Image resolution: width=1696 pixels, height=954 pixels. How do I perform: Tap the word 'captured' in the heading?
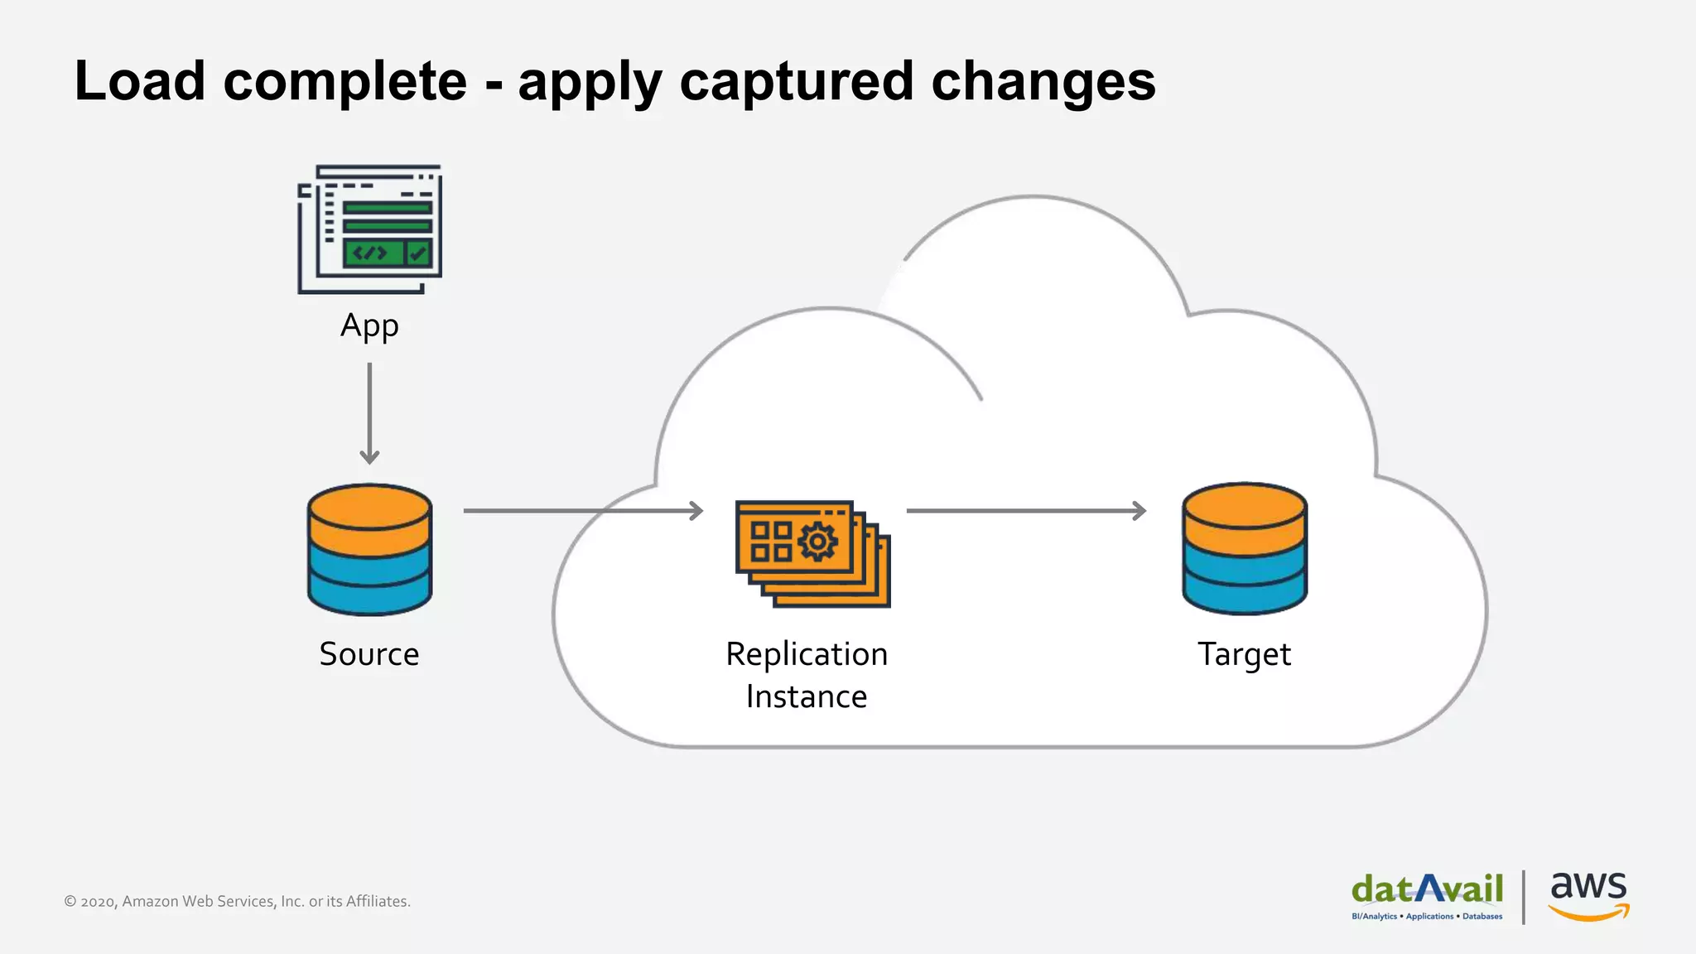point(796,81)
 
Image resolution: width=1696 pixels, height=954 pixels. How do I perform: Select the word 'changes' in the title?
point(1043,81)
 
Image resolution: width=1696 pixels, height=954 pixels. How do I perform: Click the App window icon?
point(370,229)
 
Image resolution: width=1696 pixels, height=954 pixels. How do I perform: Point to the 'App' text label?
point(369,326)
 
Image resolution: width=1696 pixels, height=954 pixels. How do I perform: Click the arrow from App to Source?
point(369,413)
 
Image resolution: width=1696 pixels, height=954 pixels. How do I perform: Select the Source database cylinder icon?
point(369,549)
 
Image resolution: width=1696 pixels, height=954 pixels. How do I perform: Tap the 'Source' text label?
point(369,654)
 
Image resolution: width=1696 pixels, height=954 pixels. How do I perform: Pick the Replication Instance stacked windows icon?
point(812,553)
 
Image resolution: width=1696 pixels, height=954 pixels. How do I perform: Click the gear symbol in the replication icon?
point(817,542)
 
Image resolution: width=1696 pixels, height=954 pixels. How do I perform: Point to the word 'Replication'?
point(807,654)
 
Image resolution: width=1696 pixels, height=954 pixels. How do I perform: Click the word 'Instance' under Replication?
point(807,697)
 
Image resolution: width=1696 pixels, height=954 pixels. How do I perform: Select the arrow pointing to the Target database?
point(1026,511)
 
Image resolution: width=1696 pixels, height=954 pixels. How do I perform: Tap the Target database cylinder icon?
point(1244,549)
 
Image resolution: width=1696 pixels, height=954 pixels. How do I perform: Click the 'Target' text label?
point(1244,654)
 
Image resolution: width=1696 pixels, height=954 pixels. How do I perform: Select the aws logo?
point(1588,895)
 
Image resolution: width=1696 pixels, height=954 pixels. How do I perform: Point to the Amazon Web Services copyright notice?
point(238,901)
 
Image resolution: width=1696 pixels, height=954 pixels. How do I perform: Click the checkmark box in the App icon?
point(419,253)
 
